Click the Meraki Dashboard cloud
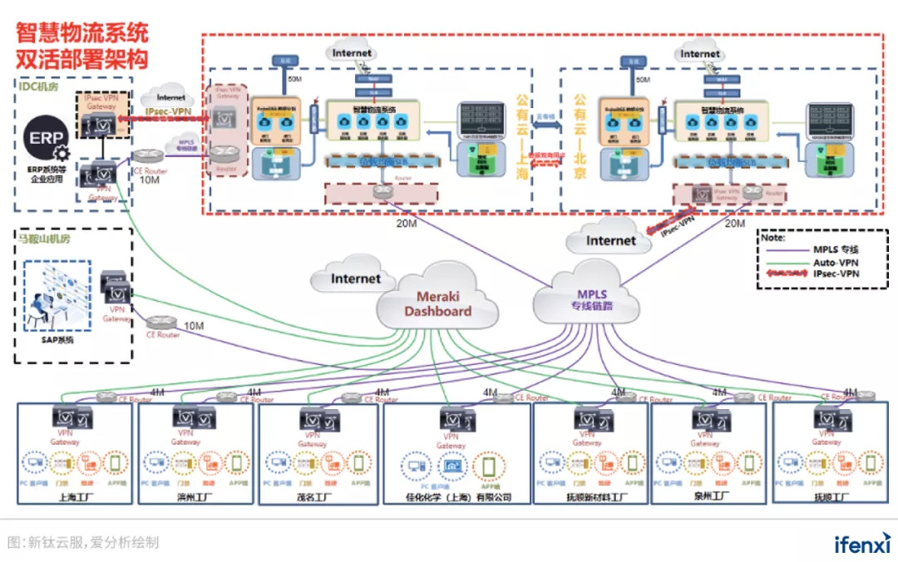click(x=437, y=303)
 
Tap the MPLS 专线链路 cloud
click(x=591, y=300)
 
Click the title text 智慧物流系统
click(x=82, y=33)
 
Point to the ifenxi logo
click(x=862, y=544)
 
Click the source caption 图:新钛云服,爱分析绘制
click(x=83, y=543)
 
